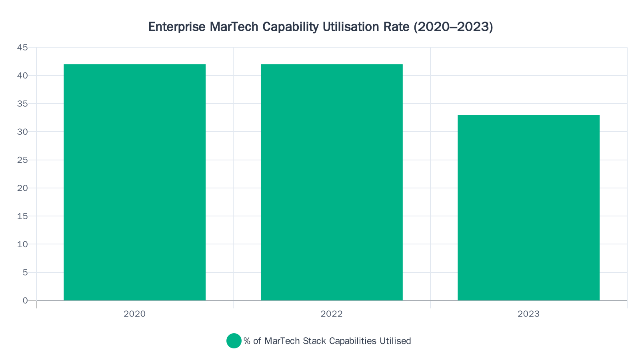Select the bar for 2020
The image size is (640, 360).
134,182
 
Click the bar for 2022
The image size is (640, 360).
332,182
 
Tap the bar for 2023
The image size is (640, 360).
528,207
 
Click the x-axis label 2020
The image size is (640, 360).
134,314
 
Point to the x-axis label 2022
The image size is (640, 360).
332,314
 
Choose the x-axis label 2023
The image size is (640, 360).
528,314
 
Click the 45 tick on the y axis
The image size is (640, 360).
22,48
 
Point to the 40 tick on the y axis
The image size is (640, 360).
22,76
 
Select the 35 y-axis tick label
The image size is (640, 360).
22,104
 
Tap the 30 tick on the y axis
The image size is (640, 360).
22,132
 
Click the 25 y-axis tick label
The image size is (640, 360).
22,160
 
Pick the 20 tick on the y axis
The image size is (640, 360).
22,188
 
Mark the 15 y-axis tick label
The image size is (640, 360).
22,216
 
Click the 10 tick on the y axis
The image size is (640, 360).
22,244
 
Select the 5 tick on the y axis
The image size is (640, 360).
25,272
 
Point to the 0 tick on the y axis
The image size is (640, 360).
25,300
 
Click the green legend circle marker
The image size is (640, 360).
234,341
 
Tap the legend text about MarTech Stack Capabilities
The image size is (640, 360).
327,341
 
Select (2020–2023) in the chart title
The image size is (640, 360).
453,27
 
